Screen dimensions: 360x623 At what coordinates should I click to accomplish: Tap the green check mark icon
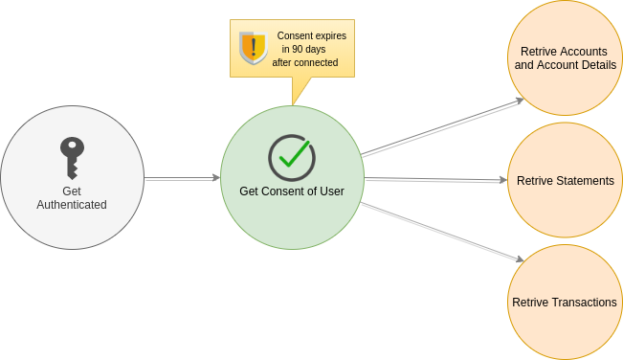click(x=292, y=157)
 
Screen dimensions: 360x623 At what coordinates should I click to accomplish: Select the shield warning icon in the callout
click(x=253, y=47)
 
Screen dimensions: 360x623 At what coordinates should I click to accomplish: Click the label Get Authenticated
click(x=72, y=197)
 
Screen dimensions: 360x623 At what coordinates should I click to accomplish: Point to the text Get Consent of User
click(x=292, y=191)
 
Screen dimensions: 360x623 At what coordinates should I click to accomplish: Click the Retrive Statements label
click(x=565, y=180)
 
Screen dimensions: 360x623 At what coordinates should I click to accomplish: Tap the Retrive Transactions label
click(x=565, y=302)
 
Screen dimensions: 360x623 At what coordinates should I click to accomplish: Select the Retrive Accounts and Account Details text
click(x=565, y=57)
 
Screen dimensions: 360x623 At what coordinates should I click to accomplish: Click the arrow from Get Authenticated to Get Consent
click(x=182, y=177)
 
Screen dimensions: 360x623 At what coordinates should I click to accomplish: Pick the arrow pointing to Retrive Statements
click(x=435, y=179)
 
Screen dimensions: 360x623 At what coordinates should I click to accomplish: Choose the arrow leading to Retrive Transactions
click(x=442, y=231)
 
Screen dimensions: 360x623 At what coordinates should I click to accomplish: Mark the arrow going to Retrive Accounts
click(x=442, y=126)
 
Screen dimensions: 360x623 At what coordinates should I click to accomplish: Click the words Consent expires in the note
click(x=312, y=35)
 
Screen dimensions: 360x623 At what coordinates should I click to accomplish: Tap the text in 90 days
click(x=304, y=49)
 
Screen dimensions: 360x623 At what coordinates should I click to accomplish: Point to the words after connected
click(x=304, y=62)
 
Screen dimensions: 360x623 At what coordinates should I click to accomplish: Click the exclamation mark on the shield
click(x=254, y=46)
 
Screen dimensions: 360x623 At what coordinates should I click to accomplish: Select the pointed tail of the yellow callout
click(x=298, y=94)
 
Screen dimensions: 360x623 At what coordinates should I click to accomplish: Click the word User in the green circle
click(x=330, y=191)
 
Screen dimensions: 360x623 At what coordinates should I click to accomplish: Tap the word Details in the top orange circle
click(x=597, y=64)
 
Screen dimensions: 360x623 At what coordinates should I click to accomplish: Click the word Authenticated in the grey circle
click(x=72, y=204)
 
